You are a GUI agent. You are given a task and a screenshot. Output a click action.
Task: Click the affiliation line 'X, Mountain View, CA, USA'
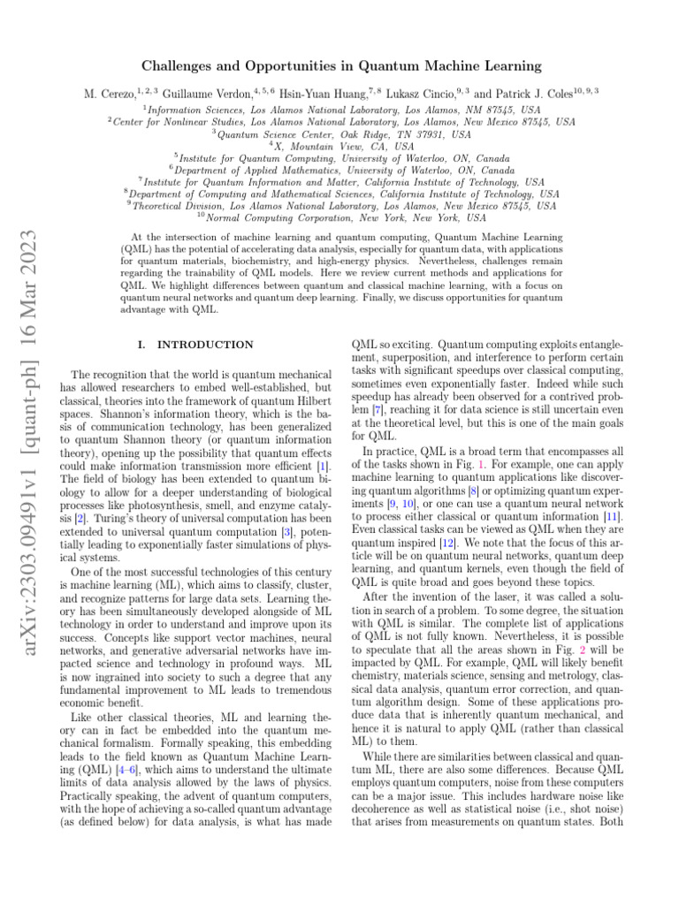tap(343, 146)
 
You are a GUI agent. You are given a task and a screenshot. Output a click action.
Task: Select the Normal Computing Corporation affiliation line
tap(343, 217)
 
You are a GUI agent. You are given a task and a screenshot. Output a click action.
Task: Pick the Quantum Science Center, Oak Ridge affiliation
tap(343, 134)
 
